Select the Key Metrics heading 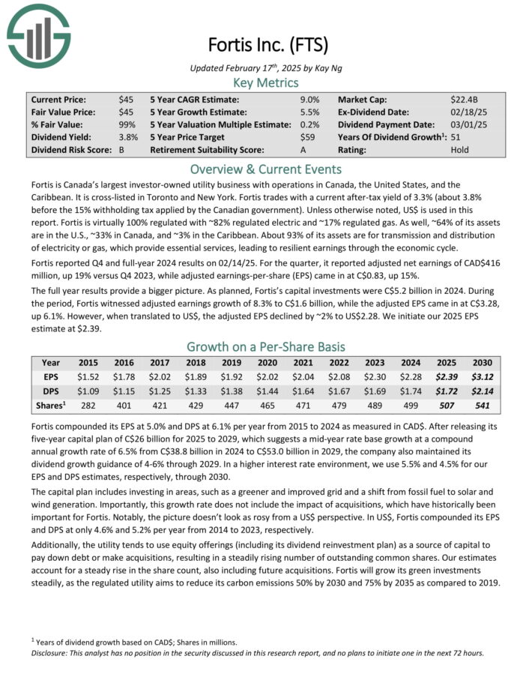(265, 82)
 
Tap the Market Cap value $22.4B (465, 99)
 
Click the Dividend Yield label (59, 137)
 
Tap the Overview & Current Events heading (265, 169)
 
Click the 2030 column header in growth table (483, 363)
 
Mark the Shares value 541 (483, 407)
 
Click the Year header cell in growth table (51, 363)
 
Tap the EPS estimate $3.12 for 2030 (483, 377)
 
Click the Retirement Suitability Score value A (303, 150)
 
